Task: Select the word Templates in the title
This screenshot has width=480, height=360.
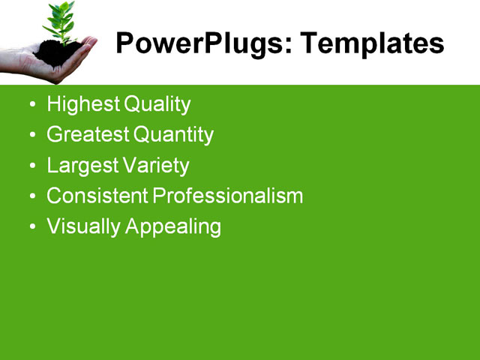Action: pos(372,44)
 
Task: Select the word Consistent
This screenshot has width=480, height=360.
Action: pos(97,196)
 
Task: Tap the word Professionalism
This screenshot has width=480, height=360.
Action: pos(228,196)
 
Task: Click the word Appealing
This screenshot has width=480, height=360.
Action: pos(173,227)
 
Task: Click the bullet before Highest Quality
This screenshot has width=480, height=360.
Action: pos(31,105)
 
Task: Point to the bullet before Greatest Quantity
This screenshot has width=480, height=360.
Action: pos(31,136)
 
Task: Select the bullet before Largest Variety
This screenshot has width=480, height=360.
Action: pos(31,166)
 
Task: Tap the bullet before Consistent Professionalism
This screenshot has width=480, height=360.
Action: pos(31,197)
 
